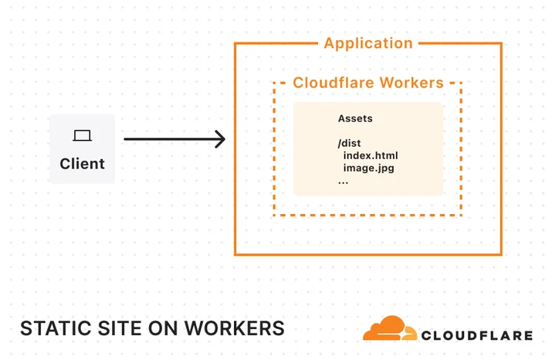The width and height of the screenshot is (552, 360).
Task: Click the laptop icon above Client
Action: coord(83,136)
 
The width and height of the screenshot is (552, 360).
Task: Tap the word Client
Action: coord(83,164)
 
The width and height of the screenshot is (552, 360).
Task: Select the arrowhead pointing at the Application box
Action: coord(220,139)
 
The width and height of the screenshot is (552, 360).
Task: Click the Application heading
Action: coord(368,43)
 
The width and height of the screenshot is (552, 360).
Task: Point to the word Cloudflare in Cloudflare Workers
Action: coord(334,83)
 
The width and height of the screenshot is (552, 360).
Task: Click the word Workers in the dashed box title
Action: coord(412,83)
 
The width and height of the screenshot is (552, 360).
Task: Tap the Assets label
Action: coord(355,118)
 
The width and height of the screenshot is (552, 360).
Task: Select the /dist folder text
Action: coord(349,144)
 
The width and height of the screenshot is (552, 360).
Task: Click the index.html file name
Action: coord(371,156)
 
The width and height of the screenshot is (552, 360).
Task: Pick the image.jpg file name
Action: coord(368,168)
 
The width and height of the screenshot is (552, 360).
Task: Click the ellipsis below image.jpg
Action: coord(344,182)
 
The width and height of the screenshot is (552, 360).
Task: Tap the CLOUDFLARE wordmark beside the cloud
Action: coord(477,335)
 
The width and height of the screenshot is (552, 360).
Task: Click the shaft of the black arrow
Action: coord(172,139)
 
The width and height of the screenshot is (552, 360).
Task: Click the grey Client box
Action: coord(83,148)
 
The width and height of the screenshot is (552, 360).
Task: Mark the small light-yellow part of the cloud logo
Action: coord(410,334)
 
